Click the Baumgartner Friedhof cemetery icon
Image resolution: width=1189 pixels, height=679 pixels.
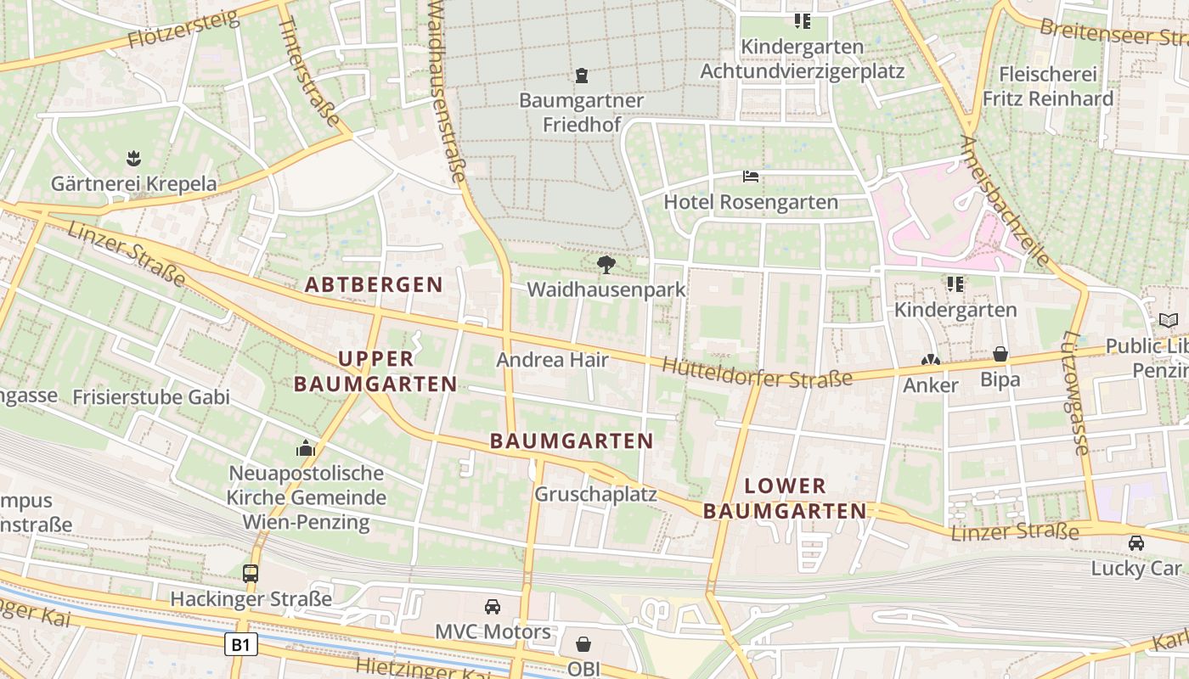(582, 76)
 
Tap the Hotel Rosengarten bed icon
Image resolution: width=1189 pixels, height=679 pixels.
(751, 177)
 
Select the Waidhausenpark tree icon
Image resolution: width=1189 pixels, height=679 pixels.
(606, 265)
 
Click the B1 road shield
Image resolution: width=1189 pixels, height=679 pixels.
(241, 645)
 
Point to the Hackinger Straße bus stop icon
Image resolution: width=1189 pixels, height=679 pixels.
(251, 573)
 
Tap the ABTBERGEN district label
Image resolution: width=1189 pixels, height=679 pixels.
(374, 284)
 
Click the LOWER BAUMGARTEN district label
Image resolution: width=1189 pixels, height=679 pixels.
(785, 498)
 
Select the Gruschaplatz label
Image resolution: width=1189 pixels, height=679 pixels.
(595, 493)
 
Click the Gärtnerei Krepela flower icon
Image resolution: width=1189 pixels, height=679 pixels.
(133, 158)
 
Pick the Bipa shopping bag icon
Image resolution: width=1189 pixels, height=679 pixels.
(1000, 354)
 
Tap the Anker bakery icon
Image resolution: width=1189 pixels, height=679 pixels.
(931, 360)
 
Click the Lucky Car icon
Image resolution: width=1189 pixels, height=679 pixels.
(1135, 542)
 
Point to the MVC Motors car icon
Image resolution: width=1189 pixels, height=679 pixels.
(493, 606)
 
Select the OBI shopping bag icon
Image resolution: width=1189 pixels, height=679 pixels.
(583, 644)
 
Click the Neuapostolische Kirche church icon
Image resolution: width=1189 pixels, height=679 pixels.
(306, 447)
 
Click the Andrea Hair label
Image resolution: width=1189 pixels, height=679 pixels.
(552, 360)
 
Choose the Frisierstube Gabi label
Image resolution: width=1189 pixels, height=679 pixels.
(151, 396)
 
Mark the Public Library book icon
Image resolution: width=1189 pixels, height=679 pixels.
(1169, 320)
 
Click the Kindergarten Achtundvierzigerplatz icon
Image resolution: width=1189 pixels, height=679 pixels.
(803, 20)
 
